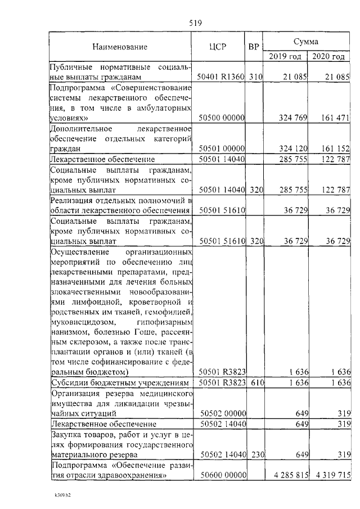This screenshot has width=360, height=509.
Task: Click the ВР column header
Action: click(254, 47)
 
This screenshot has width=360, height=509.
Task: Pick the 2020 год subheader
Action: click(328, 56)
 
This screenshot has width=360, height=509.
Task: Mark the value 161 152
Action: click(335, 148)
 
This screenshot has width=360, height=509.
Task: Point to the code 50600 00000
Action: click(221, 476)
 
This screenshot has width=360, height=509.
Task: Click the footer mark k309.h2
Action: click(61, 497)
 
